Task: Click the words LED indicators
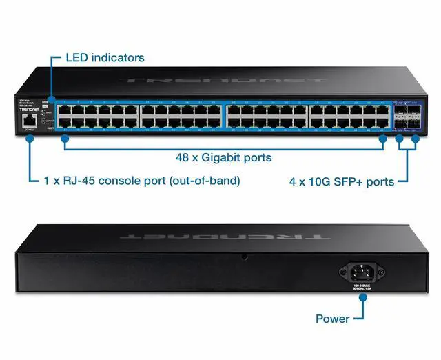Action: click(105, 58)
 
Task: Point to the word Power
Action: click(332, 319)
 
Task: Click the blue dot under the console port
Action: click(30, 138)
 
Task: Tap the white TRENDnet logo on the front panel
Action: click(28, 110)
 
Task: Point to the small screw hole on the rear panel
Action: click(245, 257)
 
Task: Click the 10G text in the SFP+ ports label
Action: click(316, 182)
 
